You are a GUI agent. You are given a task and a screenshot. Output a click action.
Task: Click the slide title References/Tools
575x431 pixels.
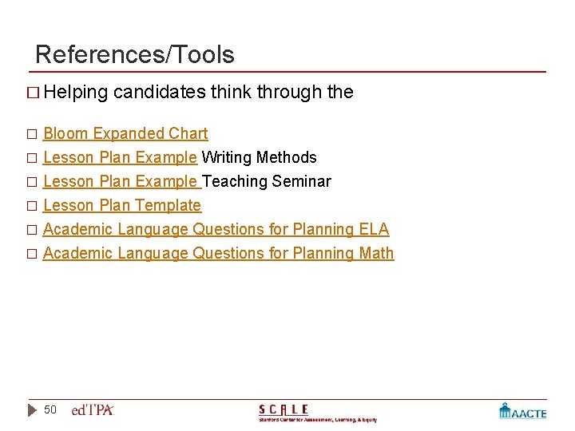pyautogui.click(x=135, y=54)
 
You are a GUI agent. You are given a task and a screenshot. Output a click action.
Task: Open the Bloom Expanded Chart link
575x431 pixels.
pyautogui.click(x=125, y=133)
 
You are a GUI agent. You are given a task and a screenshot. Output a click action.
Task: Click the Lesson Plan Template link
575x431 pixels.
pyautogui.click(x=122, y=205)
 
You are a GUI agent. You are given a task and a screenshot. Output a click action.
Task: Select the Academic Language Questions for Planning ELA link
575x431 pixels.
pyautogui.click(x=216, y=229)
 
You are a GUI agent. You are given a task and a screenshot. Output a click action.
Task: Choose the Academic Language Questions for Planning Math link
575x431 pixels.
pyautogui.click(x=218, y=253)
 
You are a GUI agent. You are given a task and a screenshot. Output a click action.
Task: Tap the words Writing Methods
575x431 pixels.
pyautogui.click(x=259, y=157)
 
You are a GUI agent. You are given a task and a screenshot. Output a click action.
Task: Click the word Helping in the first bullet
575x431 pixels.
pyautogui.click(x=76, y=92)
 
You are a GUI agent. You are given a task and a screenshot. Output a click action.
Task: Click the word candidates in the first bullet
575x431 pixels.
pyautogui.click(x=160, y=92)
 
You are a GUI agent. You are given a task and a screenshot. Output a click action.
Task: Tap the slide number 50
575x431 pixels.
pyautogui.click(x=50, y=409)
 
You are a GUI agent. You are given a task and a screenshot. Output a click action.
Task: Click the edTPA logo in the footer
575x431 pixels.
pyautogui.click(x=93, y=410)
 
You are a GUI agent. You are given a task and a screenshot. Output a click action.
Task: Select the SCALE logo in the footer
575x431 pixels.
pyautogui.click(x=317, y=412)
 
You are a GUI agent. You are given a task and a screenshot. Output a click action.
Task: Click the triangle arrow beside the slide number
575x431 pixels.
pyautogui.click(x=33, y=410)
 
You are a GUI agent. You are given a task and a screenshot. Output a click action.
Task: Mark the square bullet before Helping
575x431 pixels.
pyautogui.click(x=31, y=93)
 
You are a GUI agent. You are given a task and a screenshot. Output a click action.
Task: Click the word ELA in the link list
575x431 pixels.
pyautogui.click(x=374, y=229)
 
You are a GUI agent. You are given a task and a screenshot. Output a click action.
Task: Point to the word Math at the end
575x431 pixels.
pyautogui.click(x=376, y=253)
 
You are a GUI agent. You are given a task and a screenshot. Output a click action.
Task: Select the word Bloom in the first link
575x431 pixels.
pyautogui.click(x=65, y=133)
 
